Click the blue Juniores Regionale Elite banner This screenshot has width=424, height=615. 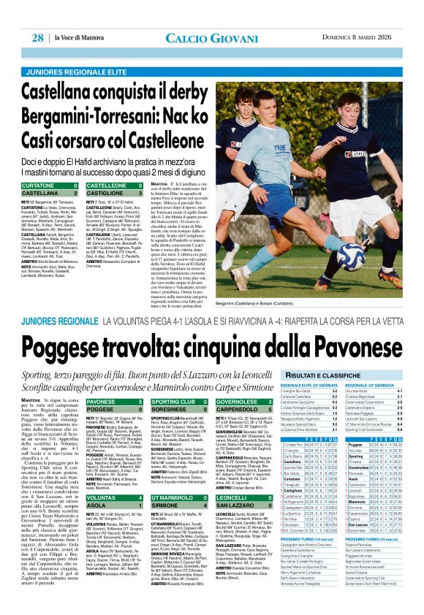[x=92, y=52]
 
